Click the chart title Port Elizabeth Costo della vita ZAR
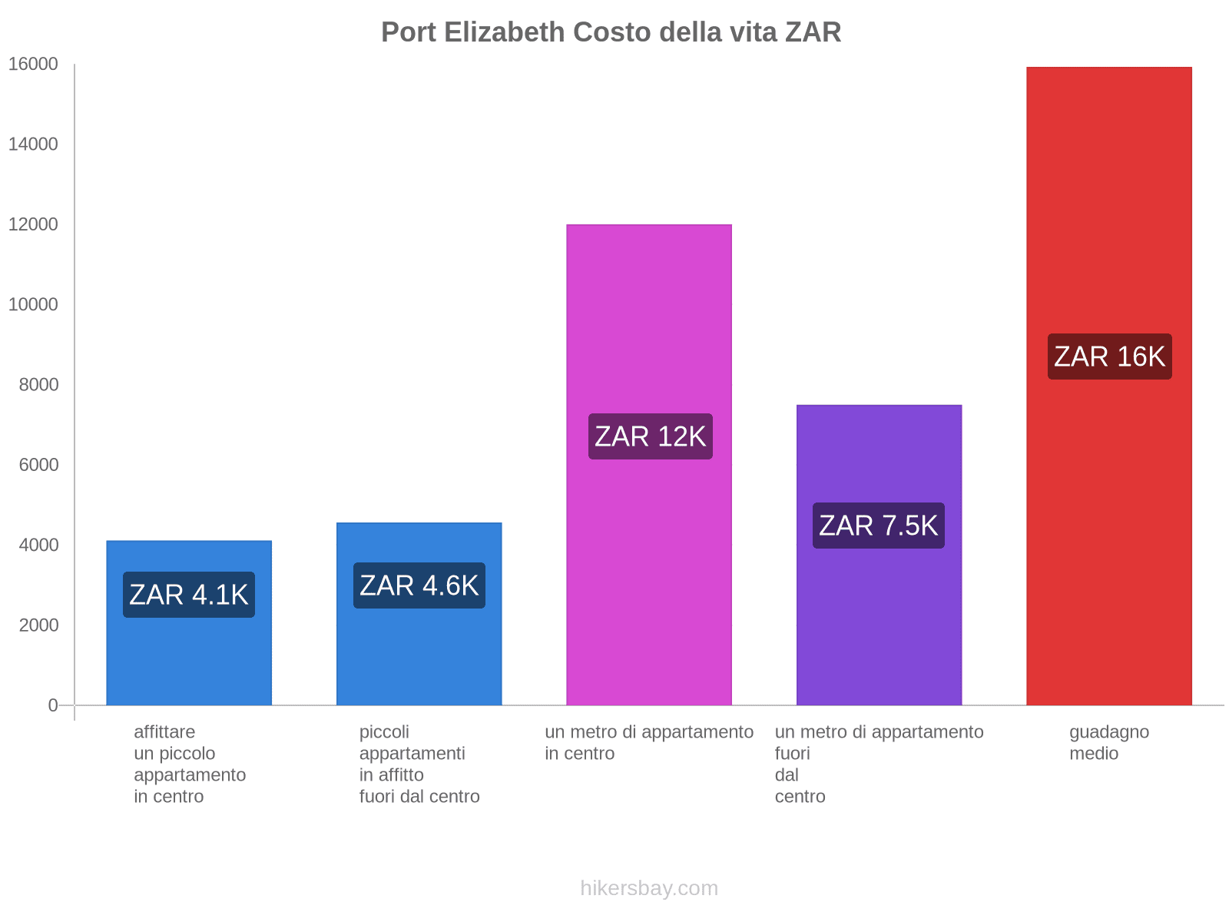[x=611, y=32]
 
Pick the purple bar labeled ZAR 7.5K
[x=879, y=615]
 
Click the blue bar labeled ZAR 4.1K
[x=189, y=661]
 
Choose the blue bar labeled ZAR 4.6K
[x=419, y=653]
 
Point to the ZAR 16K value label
[x=1109, y=357]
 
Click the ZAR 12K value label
[x=650, y=436]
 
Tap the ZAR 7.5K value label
[x=878, y=526]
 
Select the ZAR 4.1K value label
[x=189, y=595]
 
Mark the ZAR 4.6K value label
[x=419, y=585]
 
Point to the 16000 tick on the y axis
[x=33, y=65]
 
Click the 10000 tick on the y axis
[x=33, y=305]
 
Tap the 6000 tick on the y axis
[x=38, y=465]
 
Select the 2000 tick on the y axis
[x=38, y=625]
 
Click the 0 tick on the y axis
[x=53, y=705]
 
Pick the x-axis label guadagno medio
[x=1108, y=742]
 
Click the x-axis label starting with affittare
[x=189, y=764]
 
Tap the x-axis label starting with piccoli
[x=419, y=764]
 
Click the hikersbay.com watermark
[x=649, y=888]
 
